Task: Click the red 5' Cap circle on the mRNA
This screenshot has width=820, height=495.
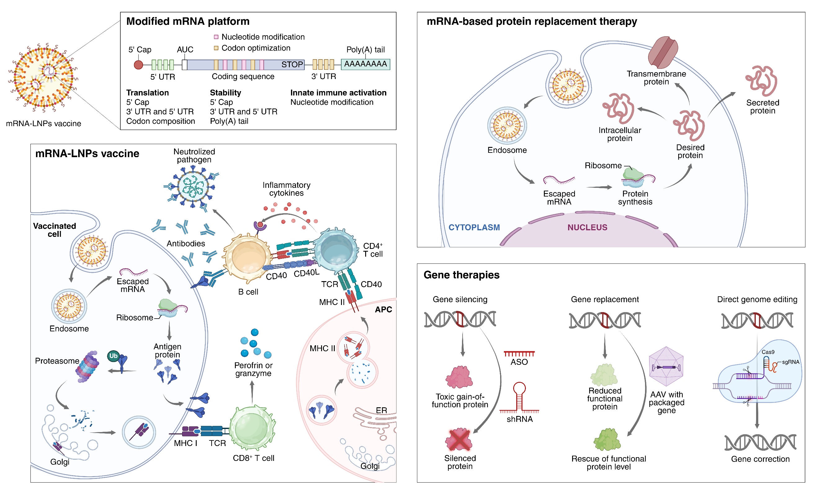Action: click(x=138, y=65)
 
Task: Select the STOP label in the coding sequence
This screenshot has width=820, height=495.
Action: click(x=292, y=64)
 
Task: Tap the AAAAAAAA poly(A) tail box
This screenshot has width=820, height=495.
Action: click(x=365, y=64)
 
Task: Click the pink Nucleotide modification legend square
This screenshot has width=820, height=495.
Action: click(x=216, y=37)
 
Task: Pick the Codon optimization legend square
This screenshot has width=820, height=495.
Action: click(x=216, y=48)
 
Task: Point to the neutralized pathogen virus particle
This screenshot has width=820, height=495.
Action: click(x=192, y=187)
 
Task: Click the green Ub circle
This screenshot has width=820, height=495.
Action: click(x=113, y=356)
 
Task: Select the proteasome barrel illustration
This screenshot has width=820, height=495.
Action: click(x=87, y=367)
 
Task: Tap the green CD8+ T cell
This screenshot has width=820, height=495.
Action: click(x=252, y=429)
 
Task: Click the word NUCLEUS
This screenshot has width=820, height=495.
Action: click(x=587, y=228)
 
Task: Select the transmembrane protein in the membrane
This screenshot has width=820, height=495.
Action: click(x=663, y=52)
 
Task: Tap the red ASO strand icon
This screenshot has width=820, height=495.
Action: click(x=519, y=354)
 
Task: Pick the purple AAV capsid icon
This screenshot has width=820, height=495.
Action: click(x=666, y=367)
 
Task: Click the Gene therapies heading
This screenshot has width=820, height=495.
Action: click(x=461, y=275)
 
